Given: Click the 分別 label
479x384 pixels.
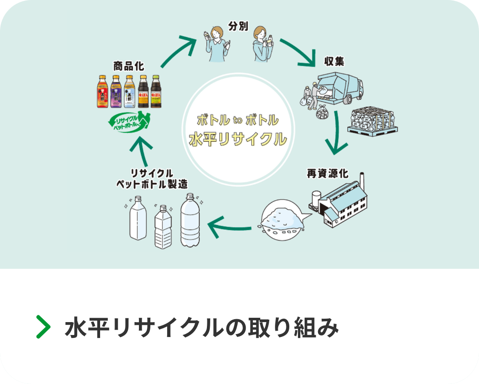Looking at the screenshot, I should [238, 26].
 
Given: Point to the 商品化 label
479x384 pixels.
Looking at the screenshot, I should [128, 66].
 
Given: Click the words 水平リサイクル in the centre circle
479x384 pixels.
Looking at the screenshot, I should [238, 139].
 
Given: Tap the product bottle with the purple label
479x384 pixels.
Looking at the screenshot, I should [115, 91].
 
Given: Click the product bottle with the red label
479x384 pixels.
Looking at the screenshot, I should [103, 91].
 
